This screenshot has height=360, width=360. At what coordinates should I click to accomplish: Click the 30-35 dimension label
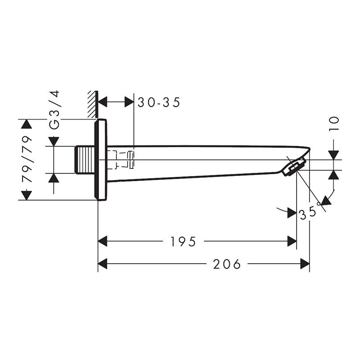coord(159,102)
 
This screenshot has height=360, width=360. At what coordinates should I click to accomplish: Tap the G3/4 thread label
coord(54,110)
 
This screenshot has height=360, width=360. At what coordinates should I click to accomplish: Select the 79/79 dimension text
coord(27,159)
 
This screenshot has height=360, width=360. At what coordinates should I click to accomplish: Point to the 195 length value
coord(183,242)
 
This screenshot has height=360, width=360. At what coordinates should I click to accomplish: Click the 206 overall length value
coord(227,264)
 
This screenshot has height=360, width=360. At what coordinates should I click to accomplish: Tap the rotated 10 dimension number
coord(334,124)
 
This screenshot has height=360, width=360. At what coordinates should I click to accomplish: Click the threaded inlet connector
coord(85,160)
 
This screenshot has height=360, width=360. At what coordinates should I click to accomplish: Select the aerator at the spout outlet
coord(293,167)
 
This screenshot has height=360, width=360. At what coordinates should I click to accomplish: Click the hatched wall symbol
coord(93,104)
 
